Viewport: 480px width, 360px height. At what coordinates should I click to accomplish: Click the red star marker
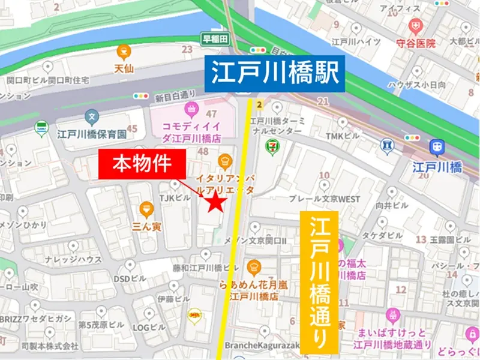(x=215, y=203)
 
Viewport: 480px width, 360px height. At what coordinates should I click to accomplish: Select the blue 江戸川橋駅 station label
(x=275, y=74)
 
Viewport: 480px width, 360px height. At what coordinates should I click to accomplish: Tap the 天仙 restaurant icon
(x=124, y=51)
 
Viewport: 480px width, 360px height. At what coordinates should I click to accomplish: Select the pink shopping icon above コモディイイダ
(x=191, y=109)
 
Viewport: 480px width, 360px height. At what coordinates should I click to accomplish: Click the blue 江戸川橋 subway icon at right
(x=436, y=146)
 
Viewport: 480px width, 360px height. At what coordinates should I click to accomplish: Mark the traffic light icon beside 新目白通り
(x=142, y=95)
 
